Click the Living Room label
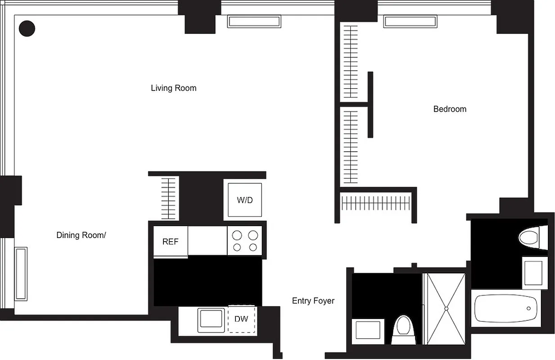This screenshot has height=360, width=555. click(x=173, y=88)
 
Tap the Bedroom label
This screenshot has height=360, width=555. click(x=449, y=109)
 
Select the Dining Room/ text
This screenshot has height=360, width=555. click(x=81, y=235)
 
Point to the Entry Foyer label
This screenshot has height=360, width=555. click(x=313, y=301)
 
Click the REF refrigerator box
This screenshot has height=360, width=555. click(x=170, y=242)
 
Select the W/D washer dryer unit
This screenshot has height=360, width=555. click(x=245, y=200)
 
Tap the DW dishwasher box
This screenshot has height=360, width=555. click(x=242, y=319)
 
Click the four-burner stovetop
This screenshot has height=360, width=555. click(x=245, y=241)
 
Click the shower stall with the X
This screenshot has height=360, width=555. click(x=446, y=308)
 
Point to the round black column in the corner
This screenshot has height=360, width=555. click(x=27, y=28)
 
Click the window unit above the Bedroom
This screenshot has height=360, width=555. click(x=410, y=21)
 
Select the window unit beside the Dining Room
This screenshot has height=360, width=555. click(x=21, y=274)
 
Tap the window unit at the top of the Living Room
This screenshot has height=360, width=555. click(x=254, y=21)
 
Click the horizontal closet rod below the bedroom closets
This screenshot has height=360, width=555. click(x=375, y=203)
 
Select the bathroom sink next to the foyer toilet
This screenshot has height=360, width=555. click(x=368, y=330)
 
